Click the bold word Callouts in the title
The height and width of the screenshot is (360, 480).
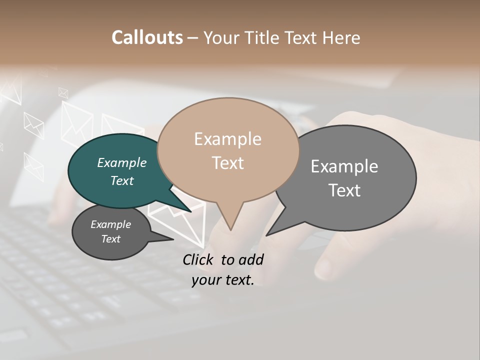(x=147, y=37)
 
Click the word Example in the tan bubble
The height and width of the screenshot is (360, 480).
(x=228, y=139)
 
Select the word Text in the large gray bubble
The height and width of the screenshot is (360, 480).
(x=344, y=190)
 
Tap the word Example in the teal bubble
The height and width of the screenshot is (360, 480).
(x=122, y=162)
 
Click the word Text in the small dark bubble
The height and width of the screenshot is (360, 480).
(x=111, y=239)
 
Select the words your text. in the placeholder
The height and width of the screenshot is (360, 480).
(x=222, y=280)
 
